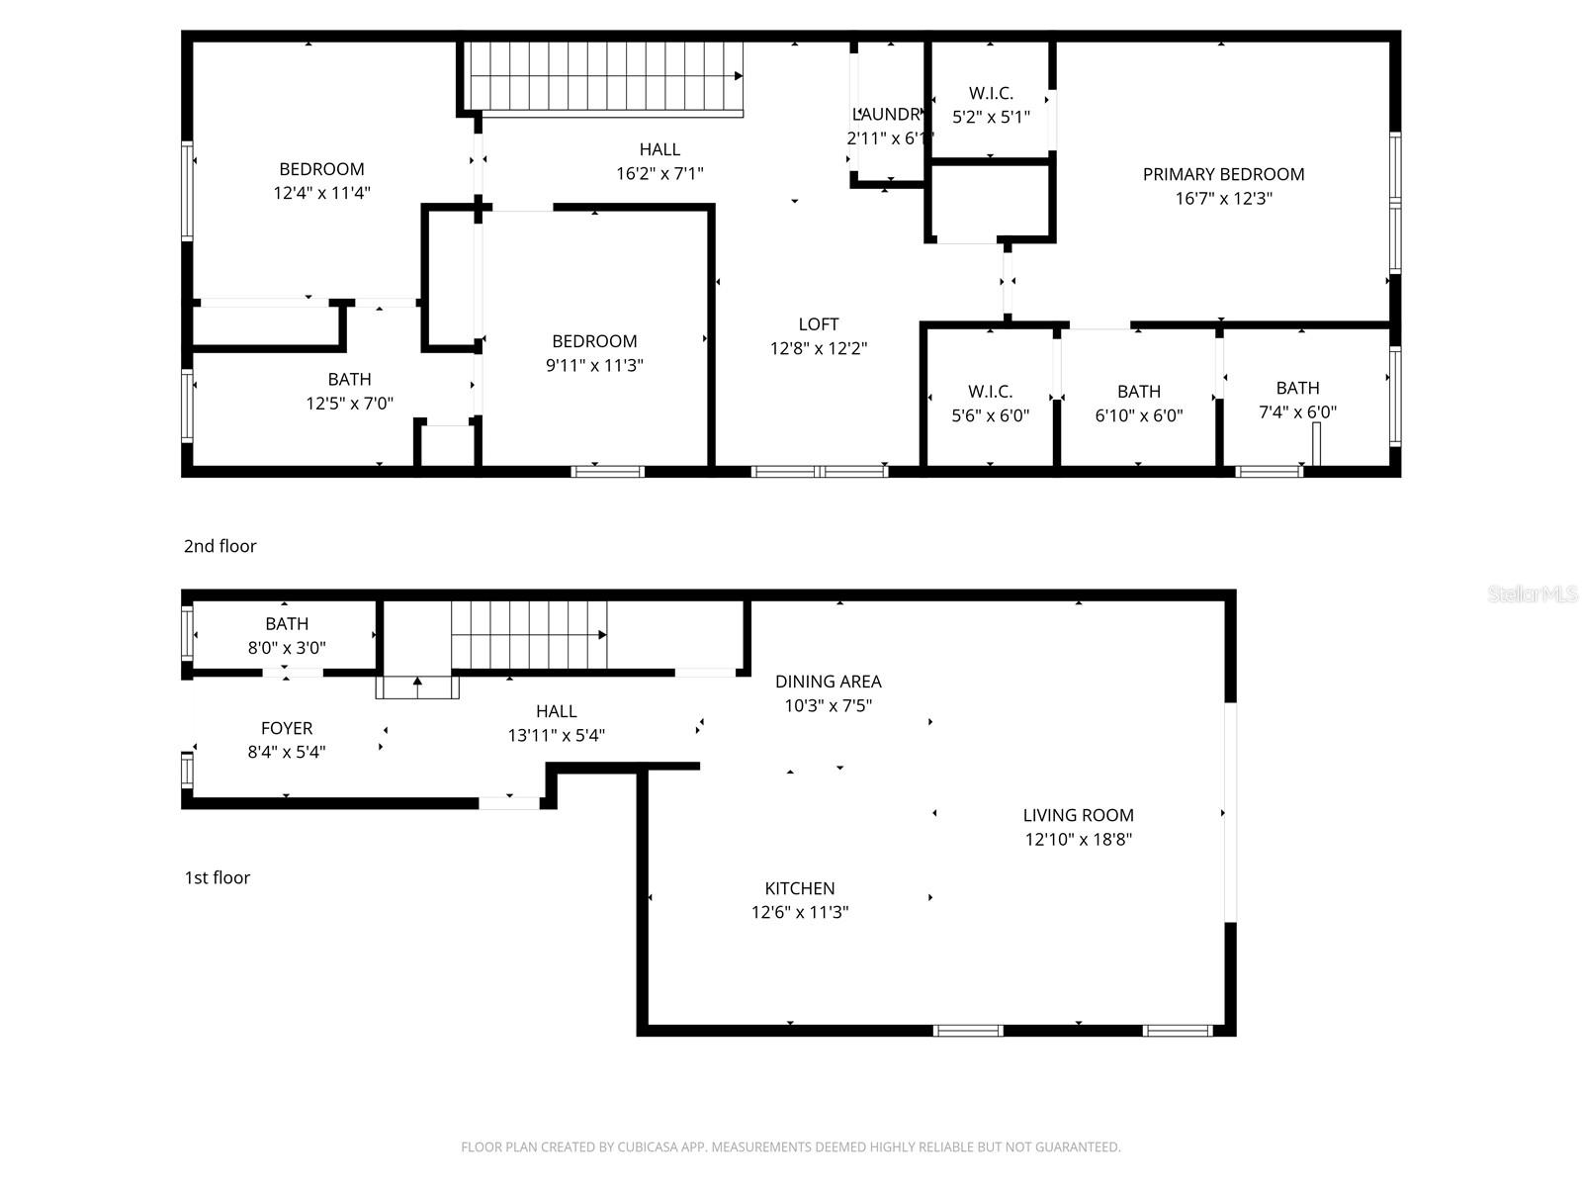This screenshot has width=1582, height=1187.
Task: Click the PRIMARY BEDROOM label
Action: tap(1223, 174)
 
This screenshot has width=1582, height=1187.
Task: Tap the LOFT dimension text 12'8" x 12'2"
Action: tap(819, 348)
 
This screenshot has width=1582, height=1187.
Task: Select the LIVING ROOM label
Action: tap(1078, 815)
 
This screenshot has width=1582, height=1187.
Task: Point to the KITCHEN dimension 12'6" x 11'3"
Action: tap(800, 912)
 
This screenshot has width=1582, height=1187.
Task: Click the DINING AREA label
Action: tap(828, 682)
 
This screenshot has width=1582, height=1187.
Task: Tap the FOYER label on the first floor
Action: tap(287, 728)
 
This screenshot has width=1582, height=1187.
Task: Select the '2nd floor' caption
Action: tap(220, 546)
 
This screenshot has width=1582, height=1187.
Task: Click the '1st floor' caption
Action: tap(217, 877)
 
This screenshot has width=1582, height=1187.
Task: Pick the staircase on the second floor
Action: tap(605, 77)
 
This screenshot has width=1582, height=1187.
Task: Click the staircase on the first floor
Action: tap(529, 635)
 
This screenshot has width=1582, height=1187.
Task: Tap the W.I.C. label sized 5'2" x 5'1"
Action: tap(991, 93)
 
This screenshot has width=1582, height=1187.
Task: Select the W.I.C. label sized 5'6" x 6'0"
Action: tap(990, 392)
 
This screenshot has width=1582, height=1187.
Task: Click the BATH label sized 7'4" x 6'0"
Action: tap(1297, 388)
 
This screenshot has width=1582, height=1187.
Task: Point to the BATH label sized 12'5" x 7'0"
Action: tap(349, 379)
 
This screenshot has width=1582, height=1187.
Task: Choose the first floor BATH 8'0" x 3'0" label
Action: tap(287, 624)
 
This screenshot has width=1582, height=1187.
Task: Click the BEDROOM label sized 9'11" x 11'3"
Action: tap(594, 341)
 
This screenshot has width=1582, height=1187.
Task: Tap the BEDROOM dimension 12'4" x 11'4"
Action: tap(321, 193)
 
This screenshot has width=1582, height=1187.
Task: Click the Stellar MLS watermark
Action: tap(1533, 593)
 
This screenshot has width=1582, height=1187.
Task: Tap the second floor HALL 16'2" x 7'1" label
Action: tap(659, 149)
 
